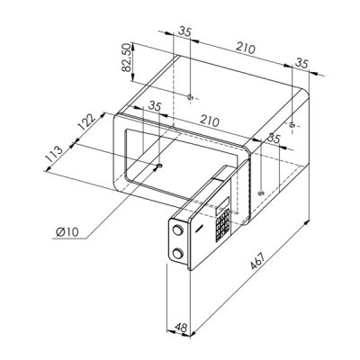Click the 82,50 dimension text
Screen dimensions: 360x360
pyautogui.click(x=127, y=58)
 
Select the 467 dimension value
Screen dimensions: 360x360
pyautogui.click(x=258, y=261)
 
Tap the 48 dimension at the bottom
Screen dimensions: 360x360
pyautogui.click(x=181, y=328)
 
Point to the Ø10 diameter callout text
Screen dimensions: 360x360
pyautogui.click(x=67, y=231)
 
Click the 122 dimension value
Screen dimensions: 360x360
pyautogui.click(x=86, y=121)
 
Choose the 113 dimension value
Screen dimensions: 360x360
pyautogui.click(x=54, y=154)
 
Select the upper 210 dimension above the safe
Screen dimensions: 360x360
pyautogui.click(x=246, y=48)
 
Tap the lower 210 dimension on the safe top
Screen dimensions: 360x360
pyautogui.click(x=210, y=121)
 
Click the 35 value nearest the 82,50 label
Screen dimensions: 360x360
pyautogui.click(x=184, y=31)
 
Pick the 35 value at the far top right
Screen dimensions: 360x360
pyautogui.click(x=301, y=63)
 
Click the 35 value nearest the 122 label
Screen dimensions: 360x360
pyautogui.click(x=155, y=106)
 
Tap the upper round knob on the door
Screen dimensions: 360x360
pyautogui.click(x=177, y=230)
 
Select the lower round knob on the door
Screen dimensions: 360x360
pyautogui.click(x=177, y=254)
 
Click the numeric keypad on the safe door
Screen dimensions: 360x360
pyautogui.click(x=222, y=226)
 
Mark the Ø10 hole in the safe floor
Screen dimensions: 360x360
pyautogui.click(x=159, y=166)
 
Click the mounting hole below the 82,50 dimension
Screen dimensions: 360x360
pyautogui.click(x=189, y=97)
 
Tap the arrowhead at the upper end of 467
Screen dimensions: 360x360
pyautogui.click(x=306, y=223)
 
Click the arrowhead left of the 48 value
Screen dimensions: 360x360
pyautogui.click(x=170, y=331)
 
